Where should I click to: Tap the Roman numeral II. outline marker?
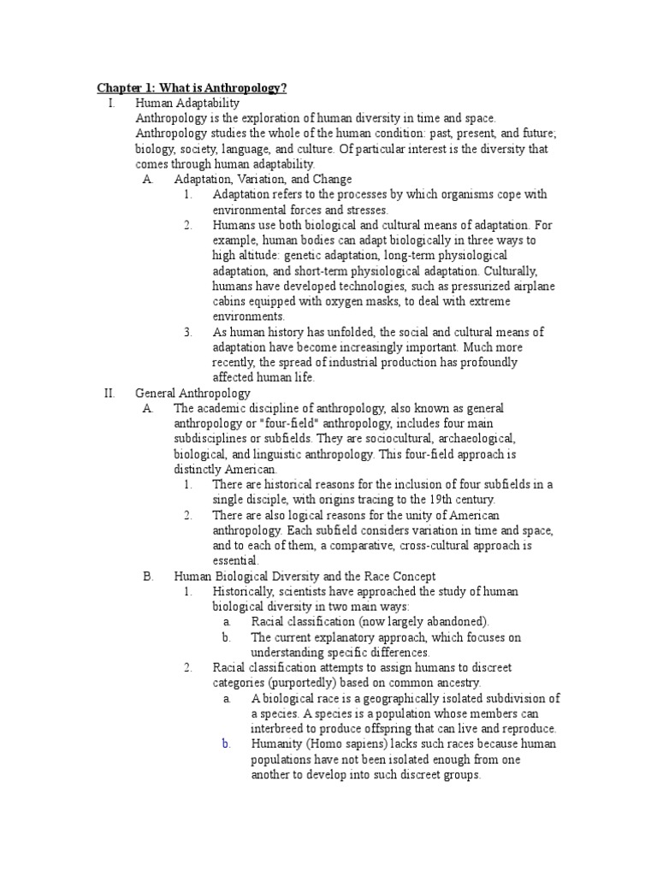(109, 393)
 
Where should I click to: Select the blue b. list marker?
(227, 743)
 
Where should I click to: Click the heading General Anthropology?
(192, 393)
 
